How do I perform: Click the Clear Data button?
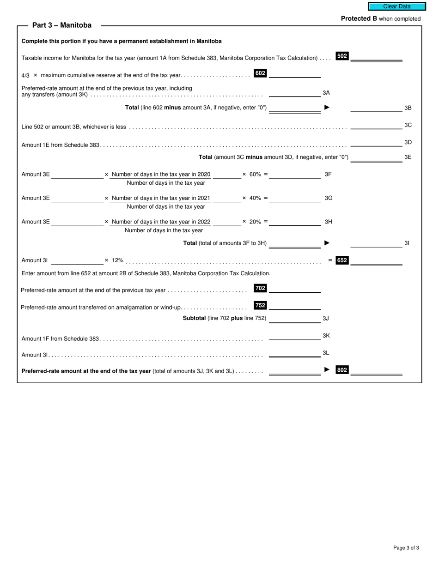[396, 6]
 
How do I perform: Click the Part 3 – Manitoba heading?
[62, 25]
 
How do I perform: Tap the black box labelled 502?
[342, 56]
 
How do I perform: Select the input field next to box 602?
[295, 73]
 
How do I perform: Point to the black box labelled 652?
[342, 260]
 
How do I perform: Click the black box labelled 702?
[260, 288]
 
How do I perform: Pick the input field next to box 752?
[295, 306]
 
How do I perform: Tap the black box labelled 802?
[342, 369]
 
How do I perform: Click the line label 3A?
[326, 93]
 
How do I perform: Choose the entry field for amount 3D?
[376, 142]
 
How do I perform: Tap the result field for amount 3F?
[295, 175]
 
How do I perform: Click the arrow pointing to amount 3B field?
[327, 107]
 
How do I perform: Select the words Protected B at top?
[359, 19]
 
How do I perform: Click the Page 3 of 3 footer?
[406, 548]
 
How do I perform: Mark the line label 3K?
[326, 336]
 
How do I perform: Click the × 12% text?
[114, 260]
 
